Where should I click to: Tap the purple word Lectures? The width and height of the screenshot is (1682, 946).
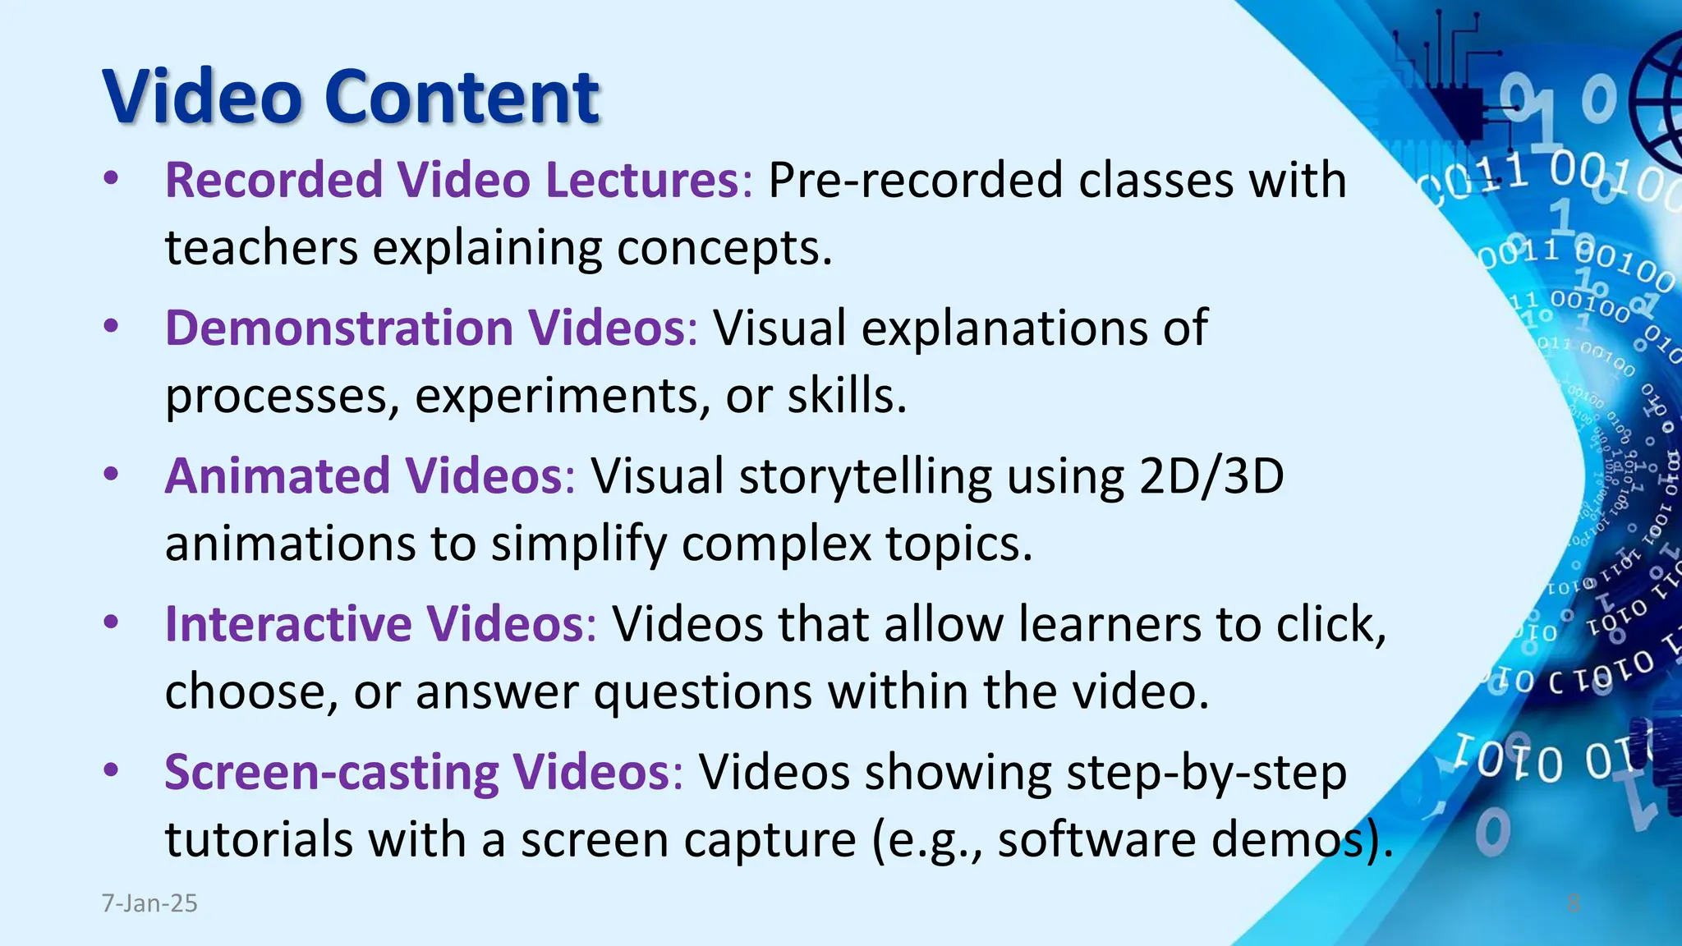point(642,180)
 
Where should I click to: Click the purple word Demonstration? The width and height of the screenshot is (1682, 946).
point(339,328)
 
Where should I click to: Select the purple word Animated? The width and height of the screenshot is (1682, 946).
point(278,476)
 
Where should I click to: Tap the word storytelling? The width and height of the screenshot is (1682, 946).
point(865,476)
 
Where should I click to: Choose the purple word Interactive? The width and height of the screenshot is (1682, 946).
point(288,624)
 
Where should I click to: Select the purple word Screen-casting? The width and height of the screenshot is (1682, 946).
point(331,773)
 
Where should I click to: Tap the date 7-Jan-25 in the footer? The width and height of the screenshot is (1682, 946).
point(149,903)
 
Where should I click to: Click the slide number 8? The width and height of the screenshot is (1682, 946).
point(1574,903)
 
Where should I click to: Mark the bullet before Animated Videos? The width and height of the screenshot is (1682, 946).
point(112,475)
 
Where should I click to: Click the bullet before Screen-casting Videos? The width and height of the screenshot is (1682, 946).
point(112,771)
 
